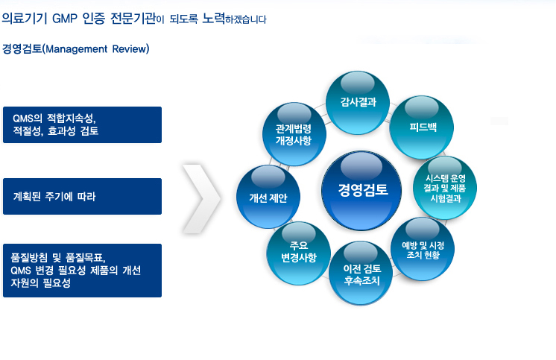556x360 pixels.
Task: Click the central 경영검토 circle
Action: (x=361, y=191)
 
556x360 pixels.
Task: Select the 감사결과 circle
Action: (x=358, y=103)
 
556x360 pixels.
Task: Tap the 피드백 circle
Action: (x=422, y=127)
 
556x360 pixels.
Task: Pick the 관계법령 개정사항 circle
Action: (x=294, y=134)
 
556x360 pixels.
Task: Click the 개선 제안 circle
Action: (x=268, y=197)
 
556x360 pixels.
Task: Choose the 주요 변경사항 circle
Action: (x=299, y=253)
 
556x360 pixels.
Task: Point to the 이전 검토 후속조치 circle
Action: (x=361, y=273)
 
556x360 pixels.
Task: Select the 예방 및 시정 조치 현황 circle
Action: (x=423, y=249)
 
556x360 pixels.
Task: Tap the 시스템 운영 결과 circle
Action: (x=445, y=188)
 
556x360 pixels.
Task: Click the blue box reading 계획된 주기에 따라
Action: (x=82, y=197)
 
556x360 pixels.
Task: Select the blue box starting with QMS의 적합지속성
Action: (x=82, y=125)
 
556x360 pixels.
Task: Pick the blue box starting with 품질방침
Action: (x=82, y=271)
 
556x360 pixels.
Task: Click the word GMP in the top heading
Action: (x=65, y=19)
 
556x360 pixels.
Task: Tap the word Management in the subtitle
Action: (x=76, y=49)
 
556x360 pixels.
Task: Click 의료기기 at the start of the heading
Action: (x=25, y=18)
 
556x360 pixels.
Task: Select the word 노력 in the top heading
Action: (x=213, y=18)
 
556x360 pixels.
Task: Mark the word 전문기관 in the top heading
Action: (x=133, y=18)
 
